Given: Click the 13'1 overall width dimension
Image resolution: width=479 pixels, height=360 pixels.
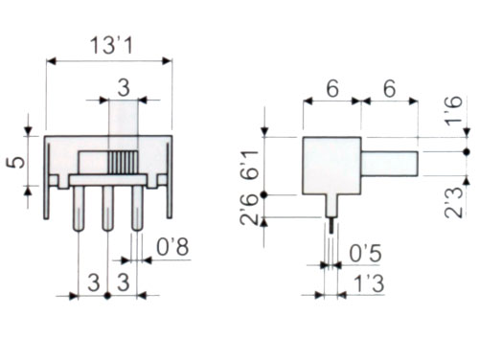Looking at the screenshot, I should (108, 45).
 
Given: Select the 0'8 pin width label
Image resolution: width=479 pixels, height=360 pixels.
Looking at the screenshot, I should (173, 247).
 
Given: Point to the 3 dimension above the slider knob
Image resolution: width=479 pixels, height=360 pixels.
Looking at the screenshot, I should (123, 87).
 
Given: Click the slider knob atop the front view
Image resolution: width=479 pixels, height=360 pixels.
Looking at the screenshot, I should (123, 120).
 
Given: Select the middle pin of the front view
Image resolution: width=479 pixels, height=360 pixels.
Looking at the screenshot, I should (107, 206).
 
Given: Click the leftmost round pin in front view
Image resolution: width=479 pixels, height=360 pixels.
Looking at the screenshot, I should (78, 206).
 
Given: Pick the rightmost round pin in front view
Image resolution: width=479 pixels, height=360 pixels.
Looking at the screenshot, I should (137, 206).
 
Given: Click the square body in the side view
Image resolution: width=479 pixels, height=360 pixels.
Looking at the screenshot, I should (331, 165).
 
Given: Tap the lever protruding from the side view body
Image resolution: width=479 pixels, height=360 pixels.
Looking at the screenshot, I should (389, 163).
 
